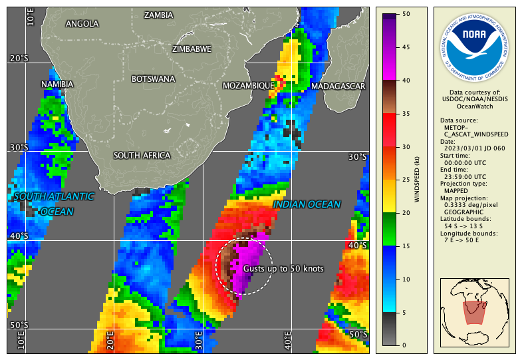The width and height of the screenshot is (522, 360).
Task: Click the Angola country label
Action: [x=82, y=24]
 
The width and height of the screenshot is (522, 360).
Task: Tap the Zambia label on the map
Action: [x=158, y=15]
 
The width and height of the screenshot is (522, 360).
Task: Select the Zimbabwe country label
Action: [x=192, y=49]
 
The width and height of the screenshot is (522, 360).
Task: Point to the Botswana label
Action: [x=154, y=79]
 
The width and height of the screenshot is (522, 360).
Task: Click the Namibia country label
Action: [x=57, y=85]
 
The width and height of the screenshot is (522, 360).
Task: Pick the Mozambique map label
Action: [x=248, y=86]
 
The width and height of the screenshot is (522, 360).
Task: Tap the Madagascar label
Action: [x=338, y=87]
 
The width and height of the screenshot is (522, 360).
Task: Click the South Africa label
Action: [x=142, y=156]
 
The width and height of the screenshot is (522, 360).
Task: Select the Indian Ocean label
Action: [x=307, y=205]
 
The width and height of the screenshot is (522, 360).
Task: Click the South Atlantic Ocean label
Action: [x=53, y=204]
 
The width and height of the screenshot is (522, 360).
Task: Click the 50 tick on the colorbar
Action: [x=406, y=14]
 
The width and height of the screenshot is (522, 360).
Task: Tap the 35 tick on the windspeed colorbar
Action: [x=406, y=114]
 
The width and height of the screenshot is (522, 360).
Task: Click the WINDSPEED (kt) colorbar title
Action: [x=417, y=180]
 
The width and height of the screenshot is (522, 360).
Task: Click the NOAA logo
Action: [x=474, y=45]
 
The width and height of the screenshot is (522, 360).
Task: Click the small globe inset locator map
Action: [x=474, y=311]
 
